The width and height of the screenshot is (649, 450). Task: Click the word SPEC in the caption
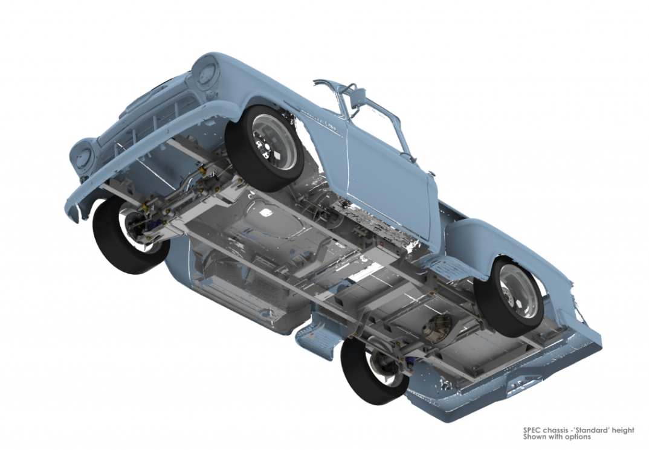click(x=531, y=431)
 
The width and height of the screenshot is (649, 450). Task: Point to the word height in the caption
click(x=622, y=431)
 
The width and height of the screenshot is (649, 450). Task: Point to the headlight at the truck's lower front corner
click(x=80, y=155)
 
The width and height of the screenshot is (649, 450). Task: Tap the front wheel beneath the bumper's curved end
click(x=127, y=233)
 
